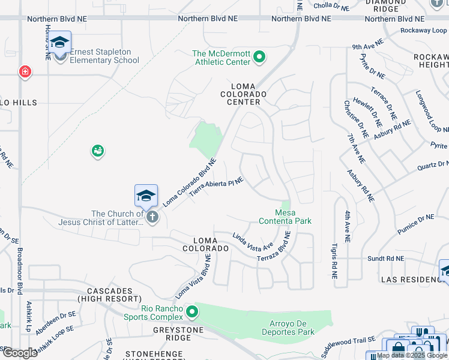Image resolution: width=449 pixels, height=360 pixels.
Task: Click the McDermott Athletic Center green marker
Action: tap(259, 58)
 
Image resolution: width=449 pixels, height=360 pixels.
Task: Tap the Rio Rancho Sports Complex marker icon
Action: tap(191, 311)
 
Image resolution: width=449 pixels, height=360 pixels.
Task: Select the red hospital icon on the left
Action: tap(25, 73)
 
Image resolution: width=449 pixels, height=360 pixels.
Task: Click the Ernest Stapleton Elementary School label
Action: tap(104, 56)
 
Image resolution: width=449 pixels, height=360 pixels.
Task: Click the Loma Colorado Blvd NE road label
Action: tap(189, 182)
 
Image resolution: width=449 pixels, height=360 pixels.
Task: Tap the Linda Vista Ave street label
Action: tap(253, 241)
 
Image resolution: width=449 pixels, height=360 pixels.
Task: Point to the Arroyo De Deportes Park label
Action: tap(288, 328)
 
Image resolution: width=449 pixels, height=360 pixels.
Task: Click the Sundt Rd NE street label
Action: tap(385, 259)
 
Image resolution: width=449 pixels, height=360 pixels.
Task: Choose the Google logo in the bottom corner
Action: tap(20, 352)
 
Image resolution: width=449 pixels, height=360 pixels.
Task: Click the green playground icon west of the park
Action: tap(97, 151)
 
